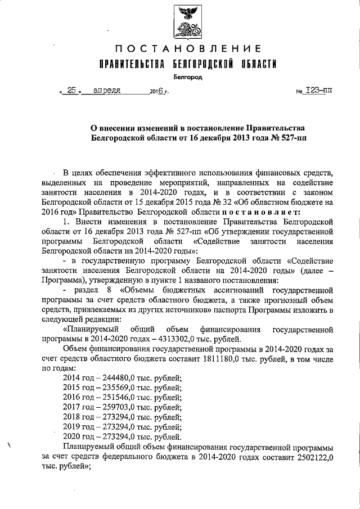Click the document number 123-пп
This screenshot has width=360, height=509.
tap(318, 90)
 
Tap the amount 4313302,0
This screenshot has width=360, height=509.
tap(173, 338)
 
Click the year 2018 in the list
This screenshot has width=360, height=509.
tap(73, 417)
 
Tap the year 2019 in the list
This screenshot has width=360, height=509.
tap(73, 427)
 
